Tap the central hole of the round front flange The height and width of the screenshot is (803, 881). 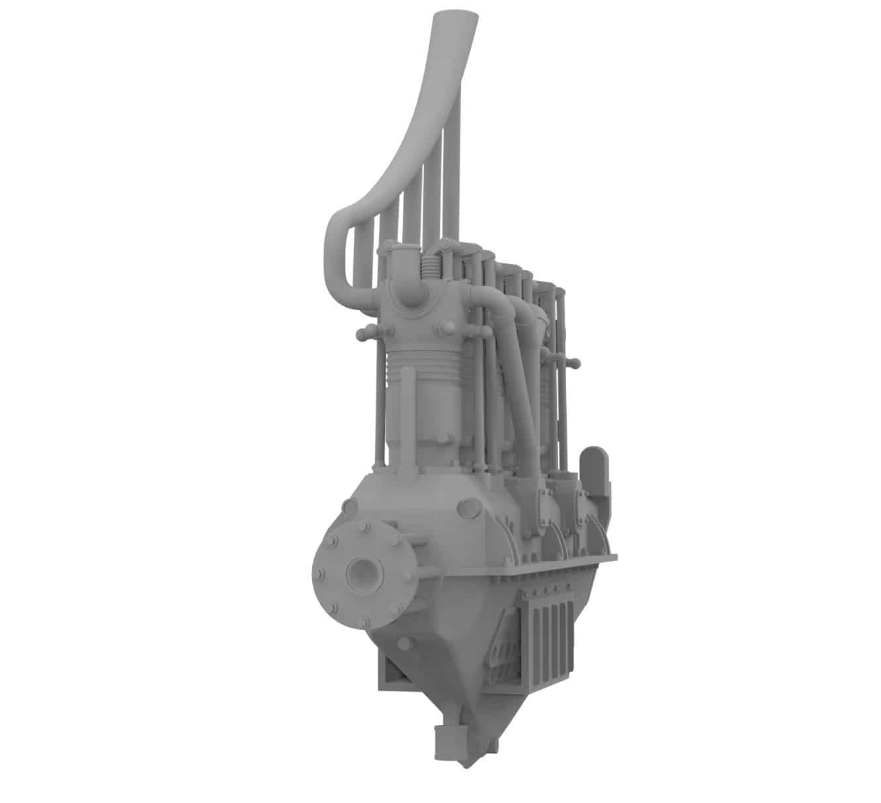coord(363,570)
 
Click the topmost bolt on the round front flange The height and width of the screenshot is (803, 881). coord(363,527)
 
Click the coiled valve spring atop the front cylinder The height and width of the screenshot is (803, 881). coord(429,269)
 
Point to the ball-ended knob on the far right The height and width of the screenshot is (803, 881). coord(574,362)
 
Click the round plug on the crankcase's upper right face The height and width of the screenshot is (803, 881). coord(468,507)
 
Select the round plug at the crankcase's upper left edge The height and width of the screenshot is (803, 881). coord(348,507)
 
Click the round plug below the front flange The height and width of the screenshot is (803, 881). coord(405,644)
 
